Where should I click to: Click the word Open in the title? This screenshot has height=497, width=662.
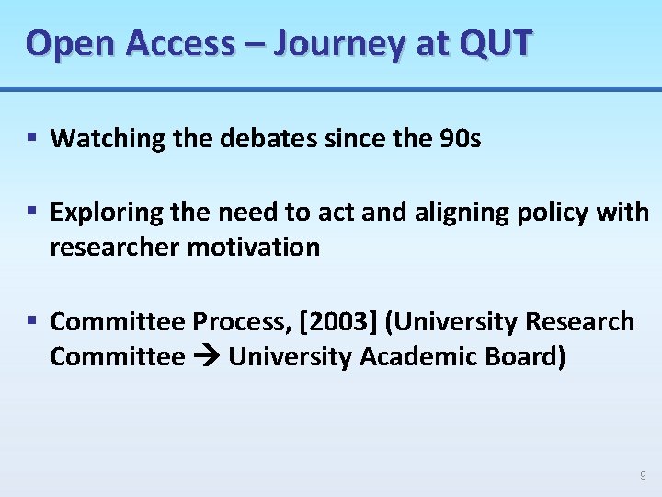click(70, 42)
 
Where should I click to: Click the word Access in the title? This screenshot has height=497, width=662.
click(182, 42)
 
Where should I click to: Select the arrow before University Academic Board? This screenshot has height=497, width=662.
click(206, 357)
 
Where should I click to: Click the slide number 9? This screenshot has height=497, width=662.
click(643, 476)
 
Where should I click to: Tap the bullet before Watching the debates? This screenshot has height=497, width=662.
click(31, 139)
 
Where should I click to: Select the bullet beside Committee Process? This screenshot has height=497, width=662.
click(31, 321)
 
